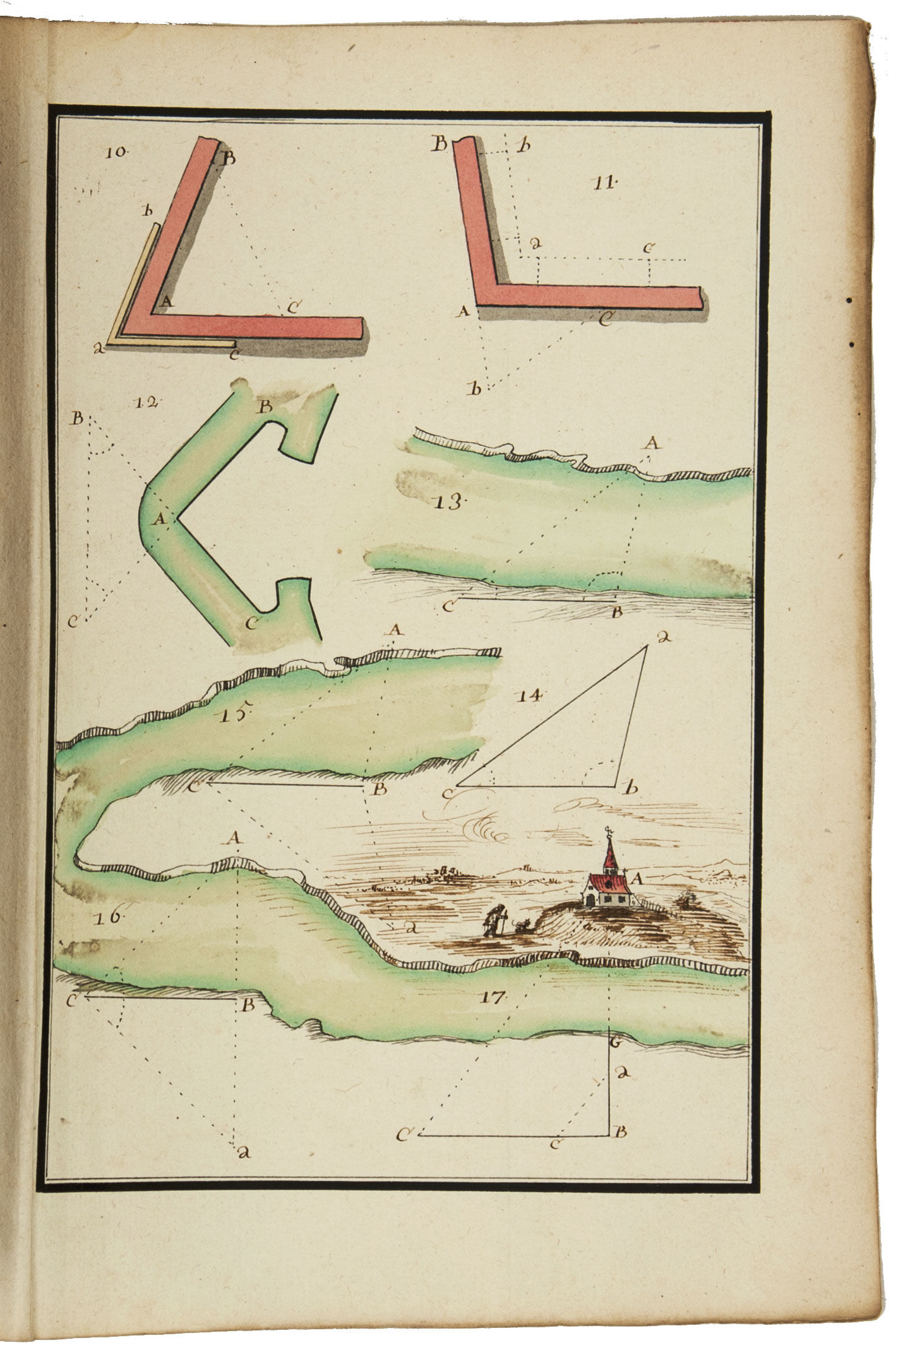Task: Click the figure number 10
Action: (x=117, y=151)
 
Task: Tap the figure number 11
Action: (x=604, y=183)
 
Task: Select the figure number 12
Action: (x=147, y=402)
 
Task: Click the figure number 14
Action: (x=529, y=696)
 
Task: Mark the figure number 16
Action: (x=109, y=916)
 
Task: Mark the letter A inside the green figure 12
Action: (x=159, y=519)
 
